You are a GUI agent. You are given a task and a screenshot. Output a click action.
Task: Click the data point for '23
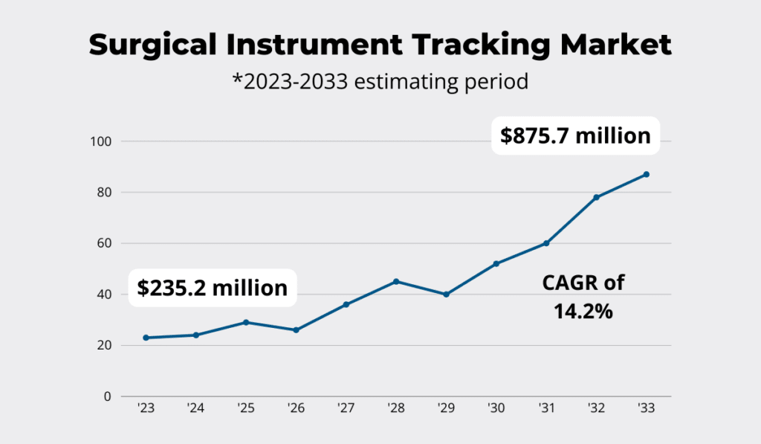146,338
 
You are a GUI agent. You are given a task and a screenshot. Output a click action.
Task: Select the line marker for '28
396,281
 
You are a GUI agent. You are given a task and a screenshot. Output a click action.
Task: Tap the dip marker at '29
446,295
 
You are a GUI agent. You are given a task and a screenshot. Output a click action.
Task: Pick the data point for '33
647,174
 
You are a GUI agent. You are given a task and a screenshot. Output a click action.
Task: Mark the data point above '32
596,197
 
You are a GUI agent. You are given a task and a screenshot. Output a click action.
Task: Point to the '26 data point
296,329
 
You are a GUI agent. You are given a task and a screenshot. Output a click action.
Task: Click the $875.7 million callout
575,136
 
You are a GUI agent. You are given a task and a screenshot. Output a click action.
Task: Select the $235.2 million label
213,287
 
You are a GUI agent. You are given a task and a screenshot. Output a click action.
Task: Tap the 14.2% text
583,311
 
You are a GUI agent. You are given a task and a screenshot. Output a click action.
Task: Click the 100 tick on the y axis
100,141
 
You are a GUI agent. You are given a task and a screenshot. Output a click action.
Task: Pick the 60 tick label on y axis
103,243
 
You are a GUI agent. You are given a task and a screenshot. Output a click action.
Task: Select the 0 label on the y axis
106,396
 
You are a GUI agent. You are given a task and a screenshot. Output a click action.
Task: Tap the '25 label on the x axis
246,408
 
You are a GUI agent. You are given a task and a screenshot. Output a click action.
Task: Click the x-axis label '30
496,408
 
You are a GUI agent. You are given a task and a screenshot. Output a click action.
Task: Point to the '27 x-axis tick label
346,408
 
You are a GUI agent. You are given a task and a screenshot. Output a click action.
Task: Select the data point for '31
546,243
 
